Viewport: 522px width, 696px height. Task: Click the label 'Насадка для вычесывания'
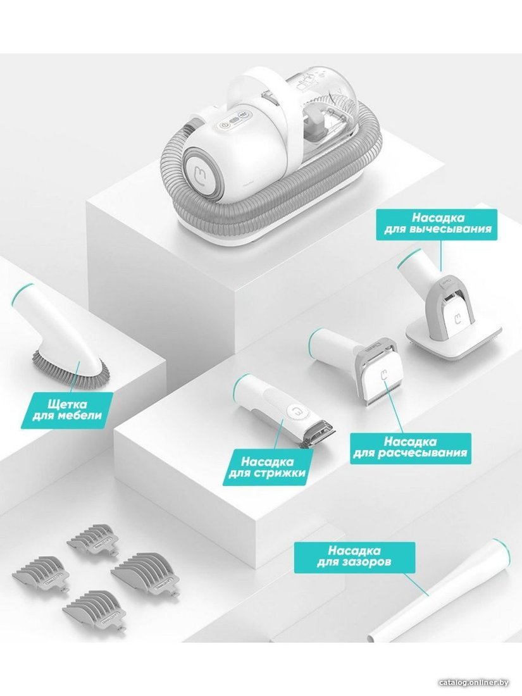433,223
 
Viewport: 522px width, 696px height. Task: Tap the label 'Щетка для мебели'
67,410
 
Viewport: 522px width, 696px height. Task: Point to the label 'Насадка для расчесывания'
410,447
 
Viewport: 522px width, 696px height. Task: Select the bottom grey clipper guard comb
100,607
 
